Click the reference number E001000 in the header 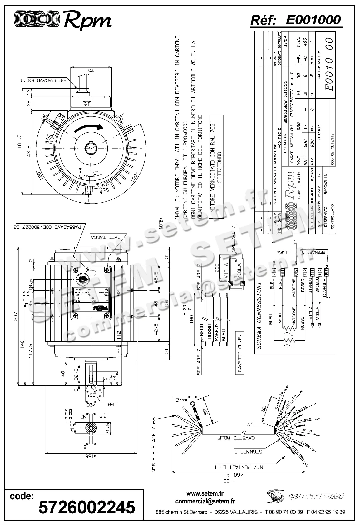pyautogui.click(x=313, y=20)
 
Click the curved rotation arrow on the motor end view pyautogui.click(x=89, y=128)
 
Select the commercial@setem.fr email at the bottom pyautogui.click(x=205, y=501)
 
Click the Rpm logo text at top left pyautogui.click(x=87, y=21)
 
